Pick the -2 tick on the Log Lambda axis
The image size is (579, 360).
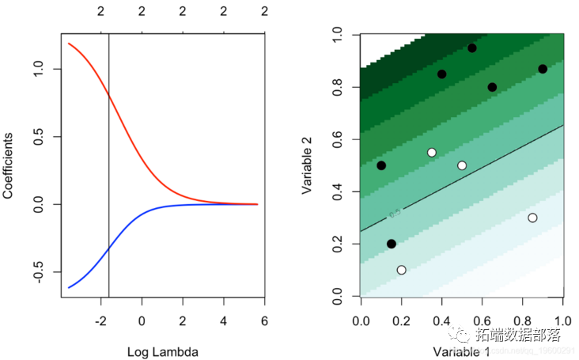(x=101, y=320)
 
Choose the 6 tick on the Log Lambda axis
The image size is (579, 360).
(x=264, y=320)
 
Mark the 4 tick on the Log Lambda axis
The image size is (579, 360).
(x=223, y=320)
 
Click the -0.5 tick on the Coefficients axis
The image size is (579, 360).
(x=44, y=272)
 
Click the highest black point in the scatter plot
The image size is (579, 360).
(x=472, y=48)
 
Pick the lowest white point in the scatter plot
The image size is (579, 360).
(x=401, y=270)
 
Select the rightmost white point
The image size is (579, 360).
(x=532, y=218)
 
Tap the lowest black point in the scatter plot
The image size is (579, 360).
(x=392, y=244)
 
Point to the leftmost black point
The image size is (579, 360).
(x=381, y=165)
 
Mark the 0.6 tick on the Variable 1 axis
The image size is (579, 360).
(x=482, y=320)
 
